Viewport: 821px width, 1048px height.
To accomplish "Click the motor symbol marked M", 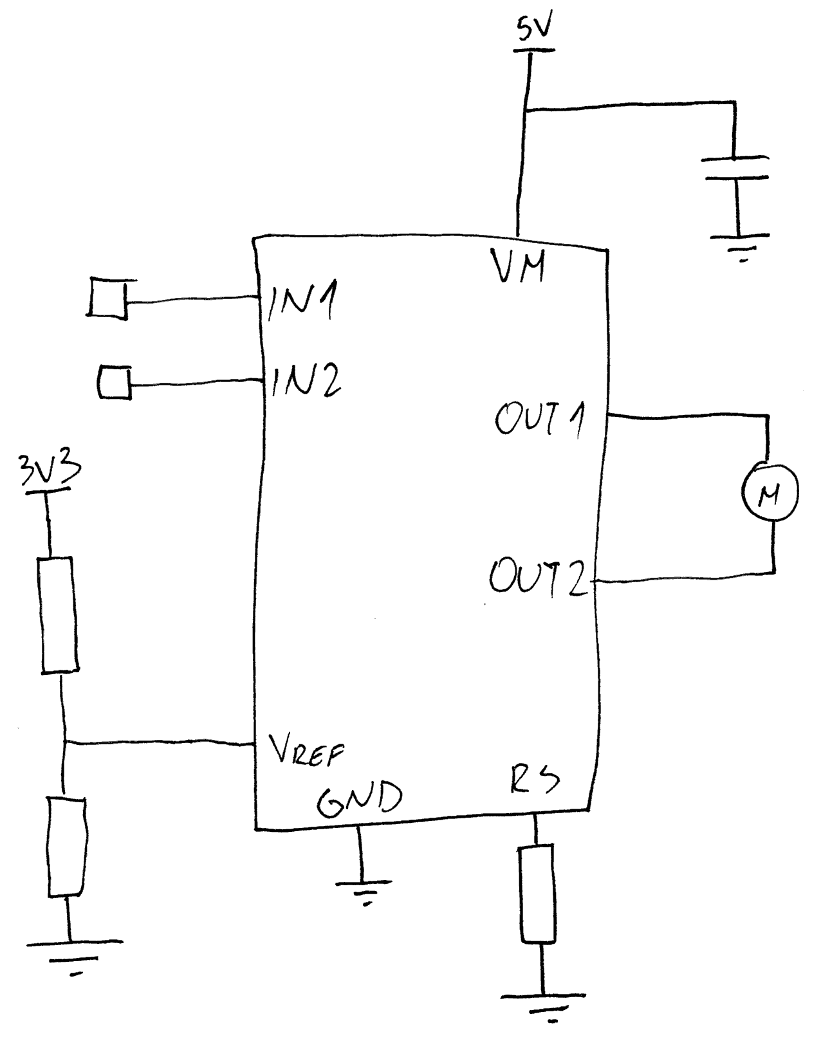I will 770,493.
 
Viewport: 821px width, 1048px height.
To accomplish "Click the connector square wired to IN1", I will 108,297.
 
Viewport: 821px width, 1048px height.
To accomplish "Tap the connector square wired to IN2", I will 115,382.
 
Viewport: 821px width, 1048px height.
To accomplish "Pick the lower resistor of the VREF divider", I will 67,846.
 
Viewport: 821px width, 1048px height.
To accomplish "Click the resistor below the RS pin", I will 537,894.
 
